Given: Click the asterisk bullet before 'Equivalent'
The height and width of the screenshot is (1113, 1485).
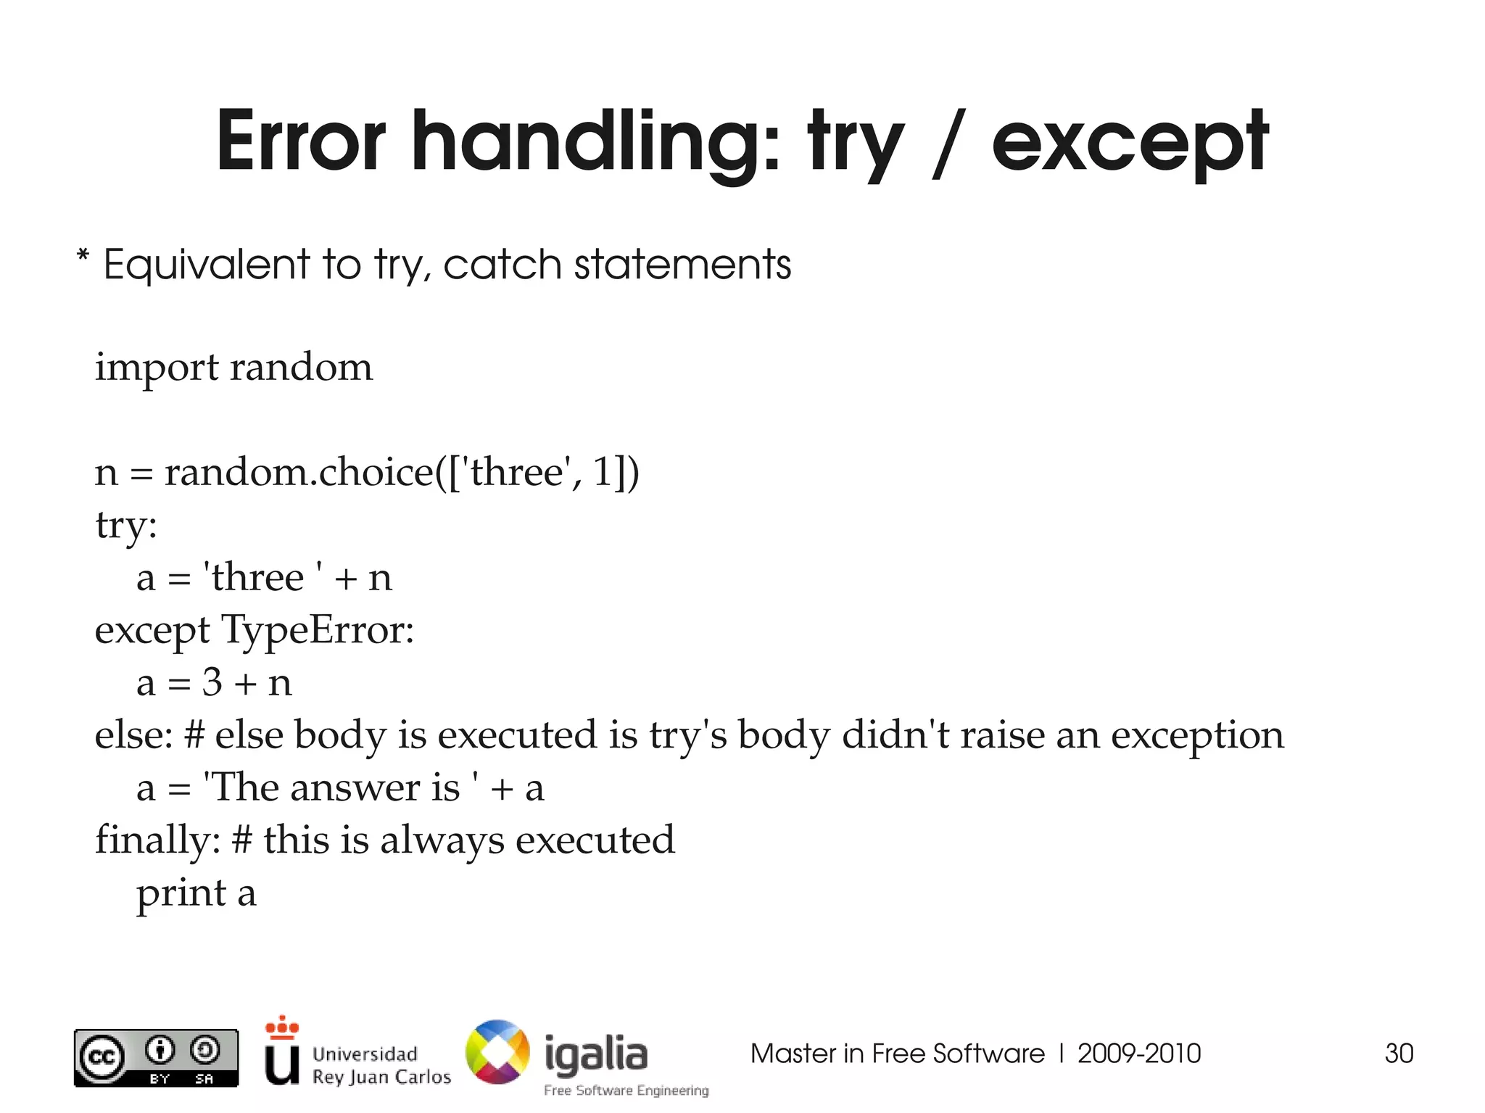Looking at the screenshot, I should pos(83,258).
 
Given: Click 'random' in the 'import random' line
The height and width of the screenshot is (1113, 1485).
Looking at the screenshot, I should pos(301,367).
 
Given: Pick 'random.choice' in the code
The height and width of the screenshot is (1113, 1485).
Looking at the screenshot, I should pos(298,472).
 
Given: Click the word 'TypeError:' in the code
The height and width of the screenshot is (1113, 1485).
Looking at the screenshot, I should pos(317,629).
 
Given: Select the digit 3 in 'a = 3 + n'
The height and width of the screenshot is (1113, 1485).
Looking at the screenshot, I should pos(212,682).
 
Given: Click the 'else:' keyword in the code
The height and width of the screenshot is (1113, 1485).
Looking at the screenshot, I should pos(133,735).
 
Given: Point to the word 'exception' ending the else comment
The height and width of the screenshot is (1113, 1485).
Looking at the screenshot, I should pos(1197,736).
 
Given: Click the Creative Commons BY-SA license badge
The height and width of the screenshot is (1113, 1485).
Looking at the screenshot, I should pos(156,1058).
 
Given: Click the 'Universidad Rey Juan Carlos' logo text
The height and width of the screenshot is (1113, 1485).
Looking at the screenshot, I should pos(381,1064).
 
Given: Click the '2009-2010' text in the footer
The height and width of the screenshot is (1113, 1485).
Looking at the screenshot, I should pos(1138,1053).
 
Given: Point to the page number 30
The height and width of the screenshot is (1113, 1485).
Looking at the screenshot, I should pos(1399,1053).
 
